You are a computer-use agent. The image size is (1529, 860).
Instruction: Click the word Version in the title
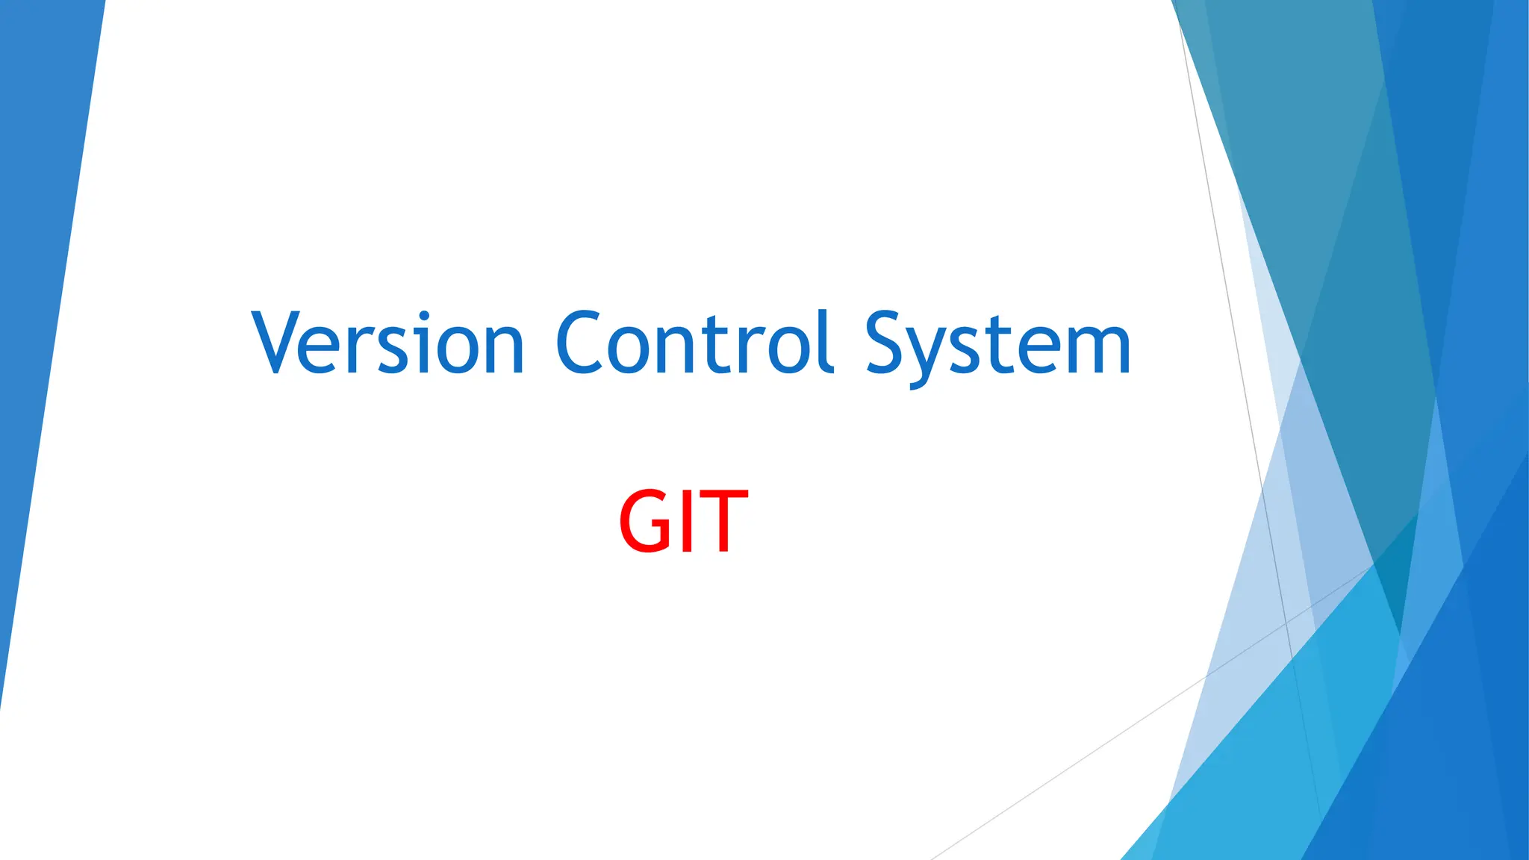click(x=388, y=343)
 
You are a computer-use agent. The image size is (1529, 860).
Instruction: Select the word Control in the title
click(x=694, y=343)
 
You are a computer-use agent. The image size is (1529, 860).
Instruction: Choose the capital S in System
click(x=888, y=343)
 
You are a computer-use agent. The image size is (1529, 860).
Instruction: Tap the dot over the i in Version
click(x=425, y=315)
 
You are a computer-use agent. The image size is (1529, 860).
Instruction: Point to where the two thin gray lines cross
click(x=1286, y=622)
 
